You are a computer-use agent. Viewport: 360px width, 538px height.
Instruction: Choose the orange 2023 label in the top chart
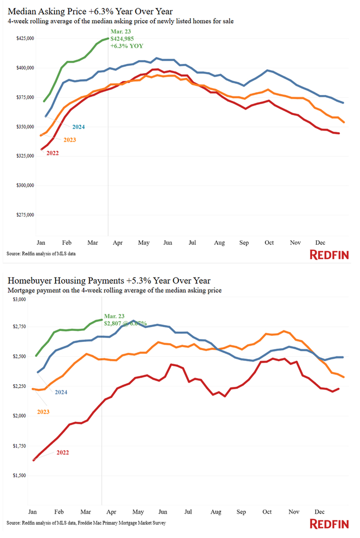(69, 140)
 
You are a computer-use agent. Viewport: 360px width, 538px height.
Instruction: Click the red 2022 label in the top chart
(53, 153)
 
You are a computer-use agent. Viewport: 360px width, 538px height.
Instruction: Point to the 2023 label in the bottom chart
(44, 412)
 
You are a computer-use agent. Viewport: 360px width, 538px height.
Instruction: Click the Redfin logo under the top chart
(329, 255)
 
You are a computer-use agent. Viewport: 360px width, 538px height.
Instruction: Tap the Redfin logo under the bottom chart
(329, 524)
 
